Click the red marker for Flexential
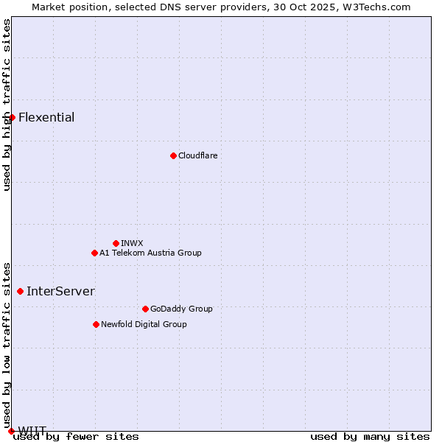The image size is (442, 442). tap(12, 117)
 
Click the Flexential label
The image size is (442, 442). tap(46, 117)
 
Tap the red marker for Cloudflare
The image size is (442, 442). tap(173, 155)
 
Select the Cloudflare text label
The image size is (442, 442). tap(197, 155)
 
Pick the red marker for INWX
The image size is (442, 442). tap(116, 243)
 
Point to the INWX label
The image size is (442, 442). tap(132, 243)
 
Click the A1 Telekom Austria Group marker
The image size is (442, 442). tap(94, 253)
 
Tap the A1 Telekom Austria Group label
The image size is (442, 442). tap(150, 253)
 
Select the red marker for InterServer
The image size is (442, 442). tap(20, 291)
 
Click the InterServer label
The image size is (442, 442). tap(60, 291)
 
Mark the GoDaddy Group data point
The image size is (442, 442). tap(145, 309)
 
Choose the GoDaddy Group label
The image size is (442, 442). tap(181, 309)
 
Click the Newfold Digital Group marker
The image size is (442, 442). tap(96, 324)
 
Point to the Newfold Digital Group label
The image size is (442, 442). tap(144, 324)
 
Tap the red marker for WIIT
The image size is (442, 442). tap(11, 431)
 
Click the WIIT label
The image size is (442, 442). tap(32, 430)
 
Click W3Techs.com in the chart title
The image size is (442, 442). tap(374, 7)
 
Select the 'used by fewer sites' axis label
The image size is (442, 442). tap(76, 437)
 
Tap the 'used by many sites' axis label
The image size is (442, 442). tap(370, 437)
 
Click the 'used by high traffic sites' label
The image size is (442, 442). tap(7, 105)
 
